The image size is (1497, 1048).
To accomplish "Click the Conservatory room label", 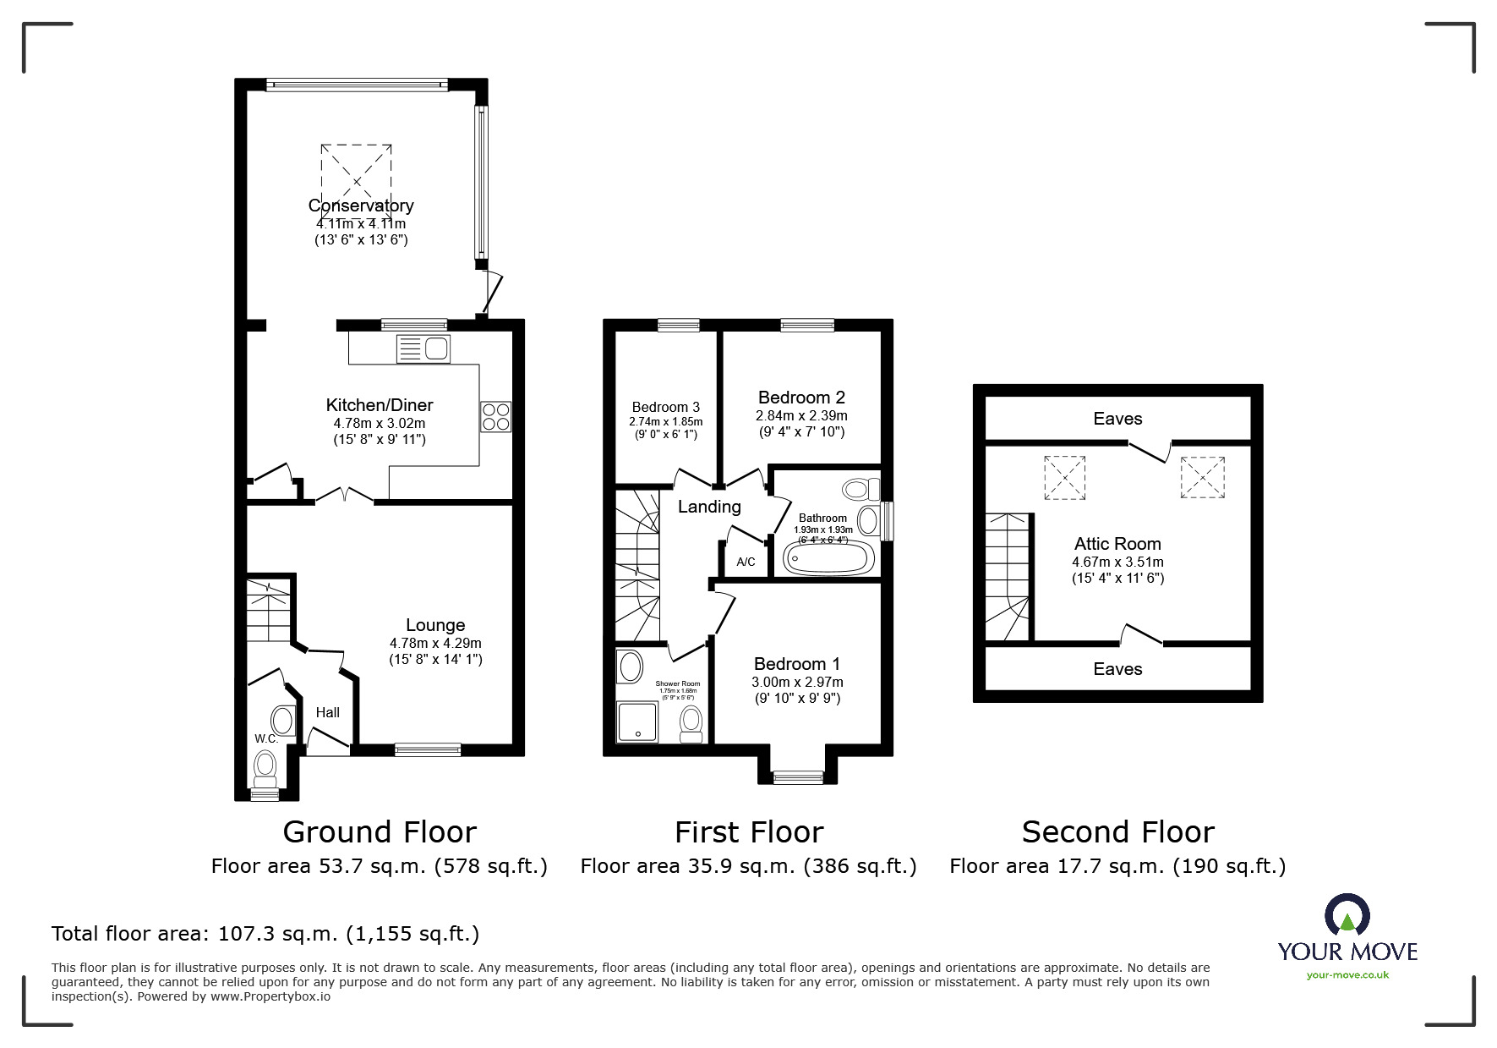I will coord(361,206).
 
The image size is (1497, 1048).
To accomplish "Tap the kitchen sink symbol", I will coord(423,348).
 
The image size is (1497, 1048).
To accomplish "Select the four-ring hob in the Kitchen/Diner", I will coord(496,416).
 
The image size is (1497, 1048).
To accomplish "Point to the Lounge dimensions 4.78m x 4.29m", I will coord(435,643).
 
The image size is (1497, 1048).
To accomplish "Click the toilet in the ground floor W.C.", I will coord(265,768).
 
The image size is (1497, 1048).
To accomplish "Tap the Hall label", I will coord(328,713).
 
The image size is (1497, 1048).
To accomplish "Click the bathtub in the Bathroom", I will coord(828,558).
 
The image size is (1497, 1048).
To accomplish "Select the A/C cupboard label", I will coord(746,562).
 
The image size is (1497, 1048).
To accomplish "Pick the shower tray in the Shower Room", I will coord(637,722).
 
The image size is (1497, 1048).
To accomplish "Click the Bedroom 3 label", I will coord(666,407).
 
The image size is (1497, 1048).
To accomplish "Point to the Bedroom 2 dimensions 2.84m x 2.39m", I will coord(801,415).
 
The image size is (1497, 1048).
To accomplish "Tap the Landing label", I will coord(709,507).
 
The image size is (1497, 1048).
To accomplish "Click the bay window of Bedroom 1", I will coord(798,776).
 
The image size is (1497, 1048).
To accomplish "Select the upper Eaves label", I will coord(1117,419).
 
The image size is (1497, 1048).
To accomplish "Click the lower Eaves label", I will coord(1117,669).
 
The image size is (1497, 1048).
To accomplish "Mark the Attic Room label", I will coord(1117,544).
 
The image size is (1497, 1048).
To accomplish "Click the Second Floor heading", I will coord(1117,832).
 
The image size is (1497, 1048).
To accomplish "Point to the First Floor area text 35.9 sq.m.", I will coord(748,866).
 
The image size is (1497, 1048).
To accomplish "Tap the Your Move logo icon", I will coord(1347,917).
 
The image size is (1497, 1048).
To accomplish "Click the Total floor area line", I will coord(265,934).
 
